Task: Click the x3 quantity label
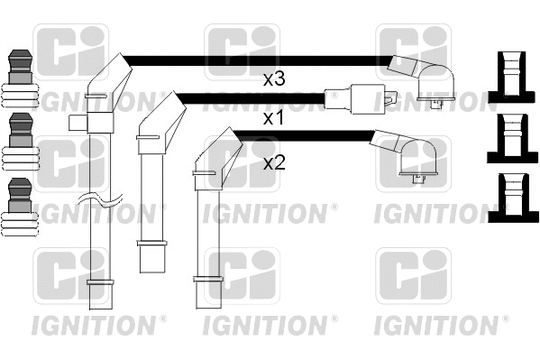point(274,79)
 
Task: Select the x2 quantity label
point(274,163)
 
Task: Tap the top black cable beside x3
point(252,60)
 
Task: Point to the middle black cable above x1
point(252,97)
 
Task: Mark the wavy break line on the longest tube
point(100,201)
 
